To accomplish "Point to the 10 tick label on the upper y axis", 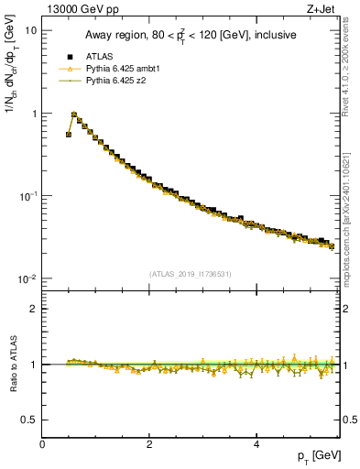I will click(x=30, y=30).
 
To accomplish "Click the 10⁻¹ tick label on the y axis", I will click(x=28, y=196).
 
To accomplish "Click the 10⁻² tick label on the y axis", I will click(x=28, y=279).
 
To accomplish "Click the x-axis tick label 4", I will click(x=256, y=444).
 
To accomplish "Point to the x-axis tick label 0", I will click(x=42, y=444).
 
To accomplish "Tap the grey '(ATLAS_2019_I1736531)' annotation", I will click(x=191, y=273).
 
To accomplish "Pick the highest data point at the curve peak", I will click(x=74, y=116).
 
